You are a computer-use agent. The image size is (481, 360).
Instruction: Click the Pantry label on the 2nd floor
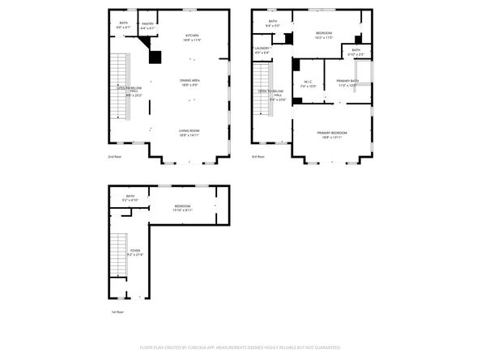click(x=147, y=26)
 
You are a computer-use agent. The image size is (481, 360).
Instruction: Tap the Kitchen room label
click(x=192, y=37)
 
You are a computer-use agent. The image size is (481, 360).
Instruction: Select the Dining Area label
click(x=191, y=83)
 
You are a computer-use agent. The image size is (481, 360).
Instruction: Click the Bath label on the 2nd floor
click(x=123, y=25)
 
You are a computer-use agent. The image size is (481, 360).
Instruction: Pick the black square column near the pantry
click(x=155, y=57)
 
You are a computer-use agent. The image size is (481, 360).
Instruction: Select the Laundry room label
click(x=262, y=50)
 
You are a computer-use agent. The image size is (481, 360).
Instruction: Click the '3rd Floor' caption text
click(x=258, y=156)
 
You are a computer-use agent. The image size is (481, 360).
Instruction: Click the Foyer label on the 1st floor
click(x=134, y=253)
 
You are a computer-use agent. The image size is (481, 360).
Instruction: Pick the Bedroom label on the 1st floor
click(x=182, y=208)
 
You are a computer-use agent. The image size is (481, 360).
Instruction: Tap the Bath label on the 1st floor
click(x=130, y=198)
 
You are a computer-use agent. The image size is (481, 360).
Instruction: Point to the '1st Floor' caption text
click(x=118, y=311)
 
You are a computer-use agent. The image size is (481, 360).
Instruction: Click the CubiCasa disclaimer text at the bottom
click(x=240, y=347)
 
